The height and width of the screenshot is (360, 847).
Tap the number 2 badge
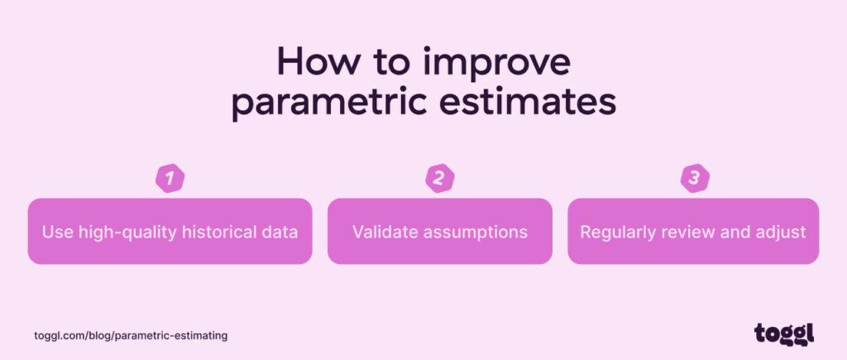[439, 178]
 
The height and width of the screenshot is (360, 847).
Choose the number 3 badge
[695, 178]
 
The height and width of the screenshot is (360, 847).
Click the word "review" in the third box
[686, 232]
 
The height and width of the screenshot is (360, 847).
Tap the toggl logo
[783, 333]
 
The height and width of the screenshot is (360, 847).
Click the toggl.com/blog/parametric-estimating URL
[131, 335]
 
